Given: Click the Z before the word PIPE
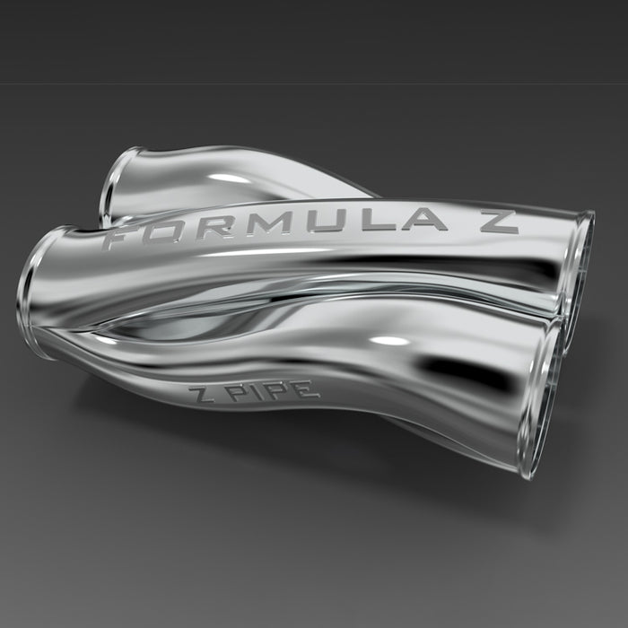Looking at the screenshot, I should click(x=201, y=393).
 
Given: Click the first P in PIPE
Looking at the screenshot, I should click(x=240, y=393).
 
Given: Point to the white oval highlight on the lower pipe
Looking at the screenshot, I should click(x=388, y=341).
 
